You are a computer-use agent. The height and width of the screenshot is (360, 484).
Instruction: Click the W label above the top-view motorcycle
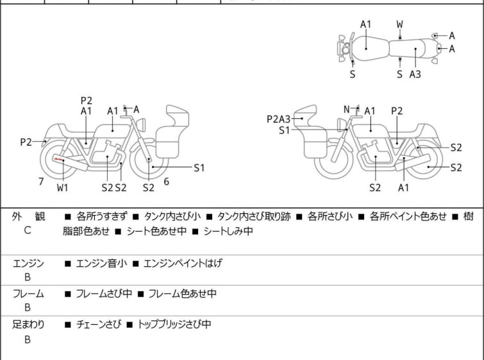(400, 24)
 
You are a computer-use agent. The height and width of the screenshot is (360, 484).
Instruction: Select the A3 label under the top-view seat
(415, 74)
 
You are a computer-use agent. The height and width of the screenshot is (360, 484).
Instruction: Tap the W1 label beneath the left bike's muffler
(63, 187)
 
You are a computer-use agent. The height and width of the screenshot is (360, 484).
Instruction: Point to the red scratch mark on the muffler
(58, 159)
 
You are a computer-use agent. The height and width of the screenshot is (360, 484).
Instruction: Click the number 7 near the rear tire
(41, 182)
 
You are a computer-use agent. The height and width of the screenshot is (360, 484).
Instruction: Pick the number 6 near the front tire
(167, 182)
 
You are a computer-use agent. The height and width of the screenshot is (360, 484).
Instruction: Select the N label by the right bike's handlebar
(347, 109)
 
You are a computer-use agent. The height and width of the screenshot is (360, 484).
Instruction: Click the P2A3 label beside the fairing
(279, 119)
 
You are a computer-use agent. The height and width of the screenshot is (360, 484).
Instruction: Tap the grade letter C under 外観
(28, 230)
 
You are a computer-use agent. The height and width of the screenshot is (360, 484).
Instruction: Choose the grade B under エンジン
(28, 277)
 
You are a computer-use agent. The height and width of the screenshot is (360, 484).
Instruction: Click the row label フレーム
(28, 293)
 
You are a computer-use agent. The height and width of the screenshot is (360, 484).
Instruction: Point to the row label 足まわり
(28, 325)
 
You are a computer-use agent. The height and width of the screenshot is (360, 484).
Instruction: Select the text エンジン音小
(101, 263)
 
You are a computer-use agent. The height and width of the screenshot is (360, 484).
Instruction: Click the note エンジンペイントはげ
(183, 263)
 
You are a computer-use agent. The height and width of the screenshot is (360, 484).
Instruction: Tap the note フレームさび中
(104, 293)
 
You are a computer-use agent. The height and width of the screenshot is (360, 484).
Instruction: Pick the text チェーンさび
(99, 325)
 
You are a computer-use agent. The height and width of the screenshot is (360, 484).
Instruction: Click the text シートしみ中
(228, 231)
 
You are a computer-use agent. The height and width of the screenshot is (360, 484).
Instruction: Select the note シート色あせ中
(157, 231)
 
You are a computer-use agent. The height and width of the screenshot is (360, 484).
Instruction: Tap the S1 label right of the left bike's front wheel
(199, 167)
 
